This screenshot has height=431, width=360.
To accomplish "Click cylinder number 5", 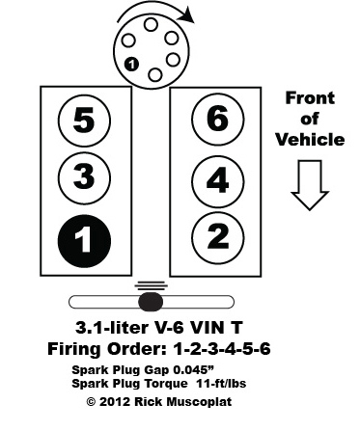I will (84, 121).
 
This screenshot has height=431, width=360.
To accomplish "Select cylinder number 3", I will (84, 178).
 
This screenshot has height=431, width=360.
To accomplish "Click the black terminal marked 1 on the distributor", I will (131, 65).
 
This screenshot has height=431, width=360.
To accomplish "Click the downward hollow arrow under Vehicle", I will (311, 183).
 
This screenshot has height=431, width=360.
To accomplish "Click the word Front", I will (312, 97).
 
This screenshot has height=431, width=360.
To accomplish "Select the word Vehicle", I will (311, 140).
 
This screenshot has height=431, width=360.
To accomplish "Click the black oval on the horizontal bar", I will (149, 301).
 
